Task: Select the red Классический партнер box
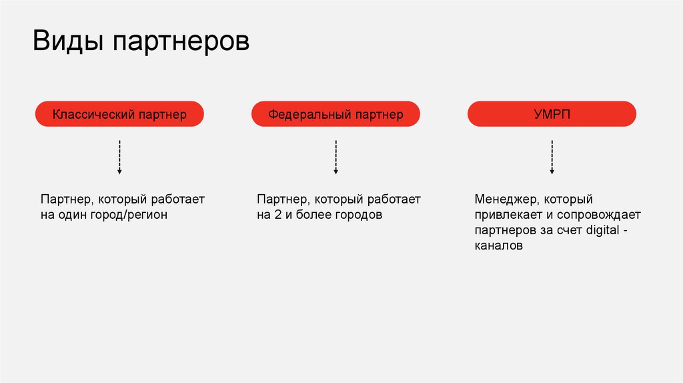tap(119, 114)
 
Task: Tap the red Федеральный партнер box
tap(335, 114)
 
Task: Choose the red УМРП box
tap(552, 114)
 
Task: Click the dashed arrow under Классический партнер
tap(119, 157)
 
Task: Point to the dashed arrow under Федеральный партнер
tap(335, 157)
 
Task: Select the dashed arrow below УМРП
tap(552, 157)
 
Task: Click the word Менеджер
tap(504, 200)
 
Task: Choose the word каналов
tap(499, 246)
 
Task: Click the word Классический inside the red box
tap(94, 115)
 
